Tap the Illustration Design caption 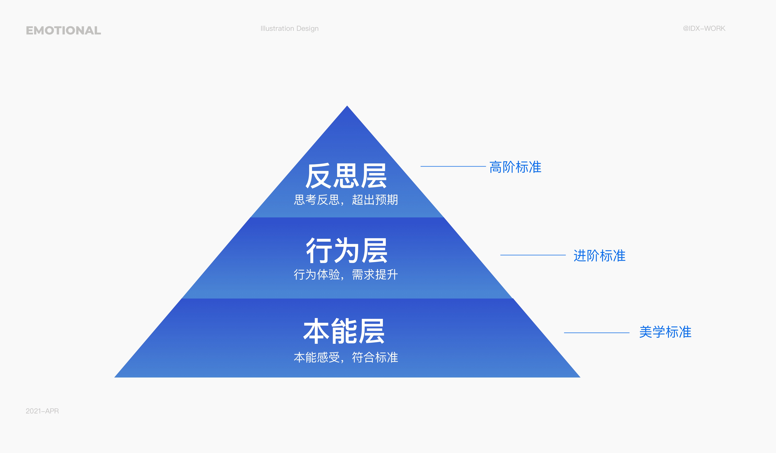pos(290,28)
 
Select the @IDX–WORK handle pos(704,28)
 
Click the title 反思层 pos(346,176)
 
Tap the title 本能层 pos(344,331)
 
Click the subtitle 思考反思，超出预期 pos(346,200)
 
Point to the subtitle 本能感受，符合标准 pos(346,357)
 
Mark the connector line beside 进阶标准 pos(533,255)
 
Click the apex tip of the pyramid pos(347,106)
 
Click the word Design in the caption pos(307,29)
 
